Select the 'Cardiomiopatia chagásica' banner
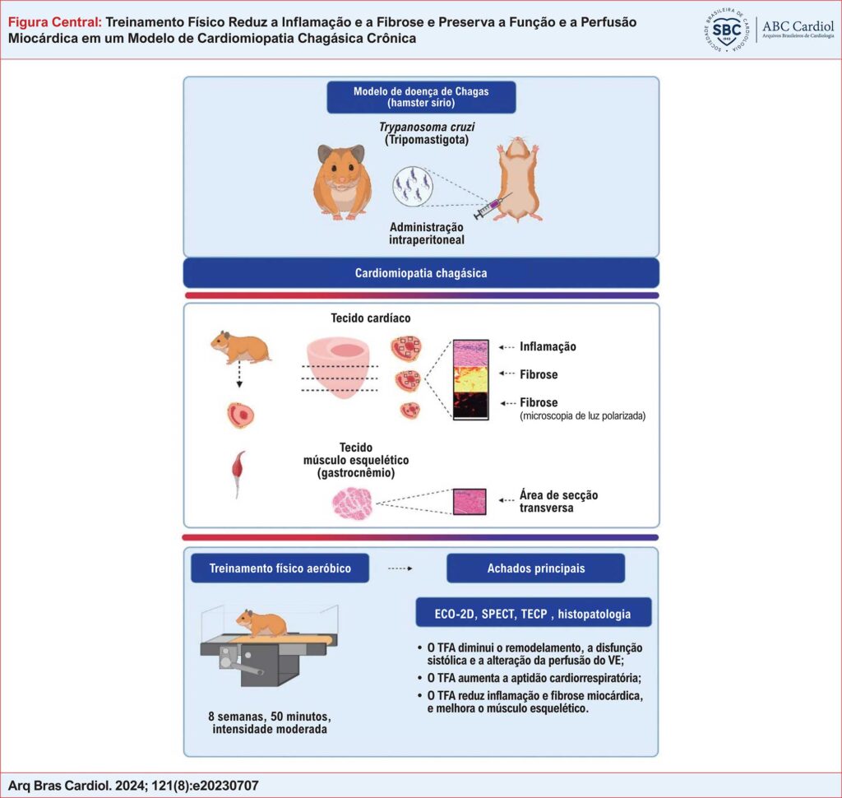420,273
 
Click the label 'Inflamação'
548,346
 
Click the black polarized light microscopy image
471,406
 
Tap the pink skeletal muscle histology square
470,501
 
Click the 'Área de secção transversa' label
558,501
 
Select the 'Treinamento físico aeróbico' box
280,568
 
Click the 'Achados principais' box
534,568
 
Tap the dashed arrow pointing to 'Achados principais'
400,568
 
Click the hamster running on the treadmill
261,623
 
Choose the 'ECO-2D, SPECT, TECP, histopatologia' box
534,613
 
